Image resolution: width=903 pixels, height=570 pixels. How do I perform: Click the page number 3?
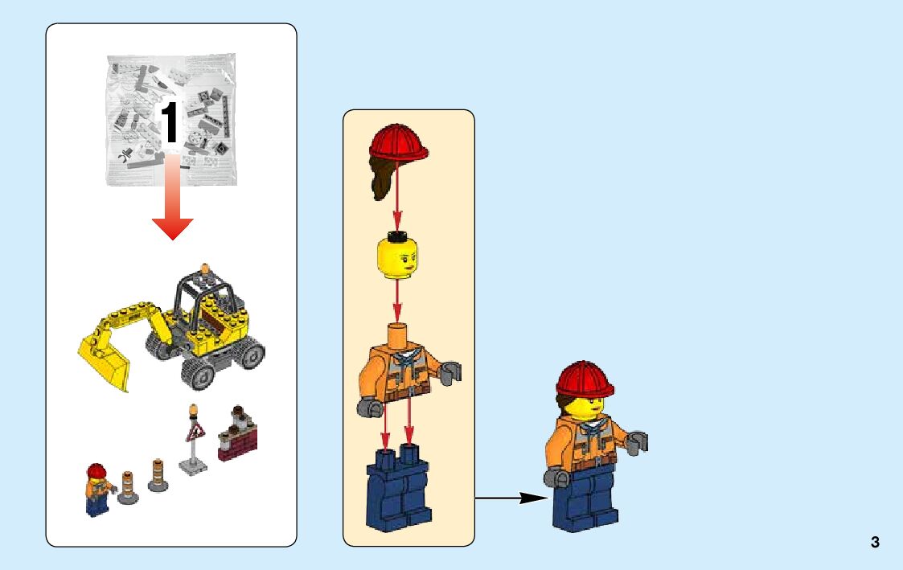875,542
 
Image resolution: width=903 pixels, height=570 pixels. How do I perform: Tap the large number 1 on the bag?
170,123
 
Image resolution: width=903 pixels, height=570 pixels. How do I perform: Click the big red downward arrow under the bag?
172,205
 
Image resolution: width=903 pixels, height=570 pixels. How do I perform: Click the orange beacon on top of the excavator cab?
206,271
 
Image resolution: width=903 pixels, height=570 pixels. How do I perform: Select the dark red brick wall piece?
237,441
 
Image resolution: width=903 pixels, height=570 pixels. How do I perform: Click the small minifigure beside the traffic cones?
96,490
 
